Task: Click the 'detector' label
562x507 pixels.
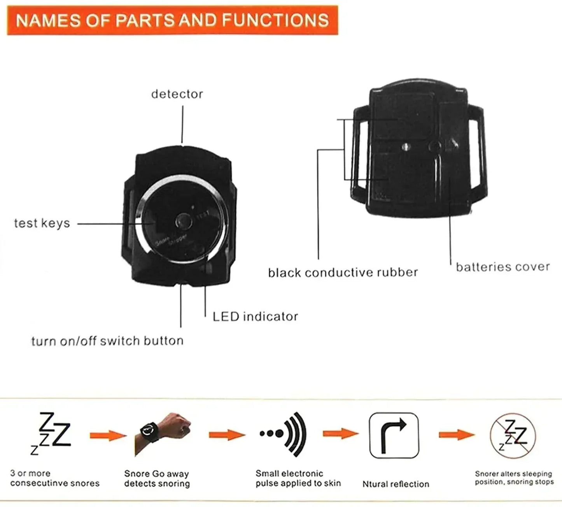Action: point(177,94)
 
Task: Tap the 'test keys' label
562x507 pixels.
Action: point(42,223)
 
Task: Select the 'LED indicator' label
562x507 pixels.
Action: point(255,316)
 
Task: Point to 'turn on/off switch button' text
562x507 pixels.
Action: point(107,341)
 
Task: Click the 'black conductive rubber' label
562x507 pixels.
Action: point(343,272)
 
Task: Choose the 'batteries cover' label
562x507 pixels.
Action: point(503,267)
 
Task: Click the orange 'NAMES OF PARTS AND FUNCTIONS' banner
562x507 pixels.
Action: point(172,20)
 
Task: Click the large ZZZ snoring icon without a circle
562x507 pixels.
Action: point(51,433)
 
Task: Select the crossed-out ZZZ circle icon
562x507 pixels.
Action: point(513,435)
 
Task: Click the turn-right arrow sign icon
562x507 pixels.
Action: point(394,435)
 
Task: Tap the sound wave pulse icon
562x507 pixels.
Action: point(283,434)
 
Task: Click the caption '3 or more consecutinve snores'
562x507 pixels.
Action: point(55,479)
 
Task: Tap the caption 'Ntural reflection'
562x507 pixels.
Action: point(396,484)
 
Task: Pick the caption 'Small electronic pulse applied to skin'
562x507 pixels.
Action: point(298,479)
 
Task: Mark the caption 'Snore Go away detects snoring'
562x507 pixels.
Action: point(157,479)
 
